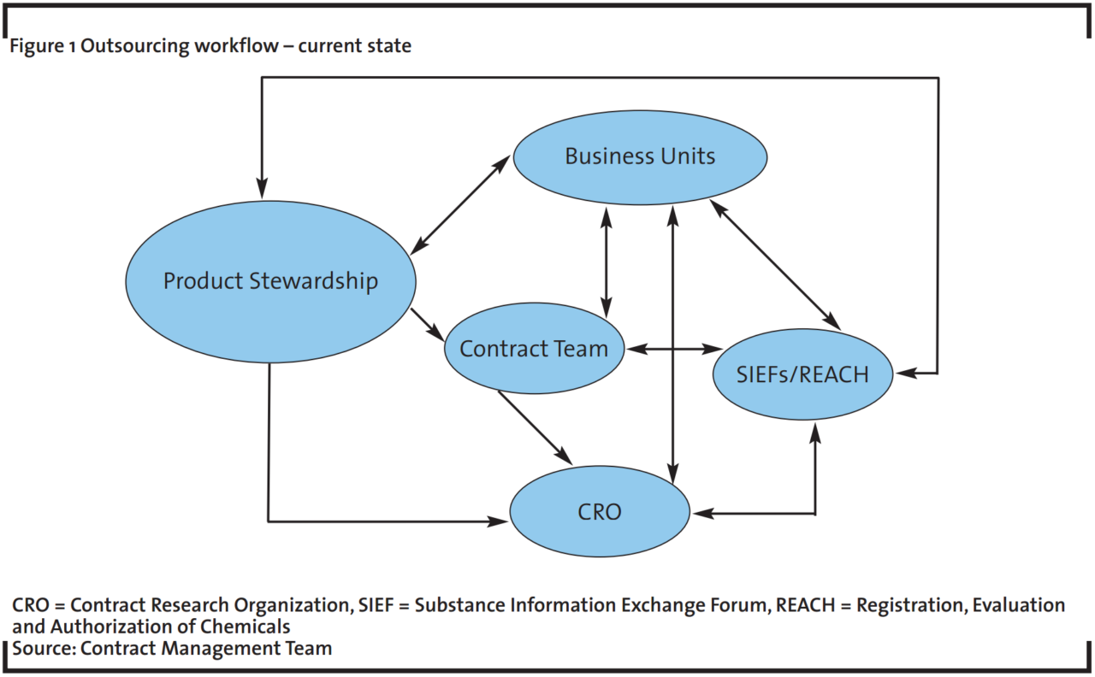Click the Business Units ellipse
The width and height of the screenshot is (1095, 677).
[x=640, y=156]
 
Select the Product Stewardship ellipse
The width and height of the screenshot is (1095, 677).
[x=270, y=281]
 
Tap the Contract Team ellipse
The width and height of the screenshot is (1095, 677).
[x=534, y=349]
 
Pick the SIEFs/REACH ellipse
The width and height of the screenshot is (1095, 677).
[x=802, y=374]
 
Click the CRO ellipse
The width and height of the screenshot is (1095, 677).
[x=600, y=512]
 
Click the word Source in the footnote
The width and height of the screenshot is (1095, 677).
[x=41, y=648]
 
